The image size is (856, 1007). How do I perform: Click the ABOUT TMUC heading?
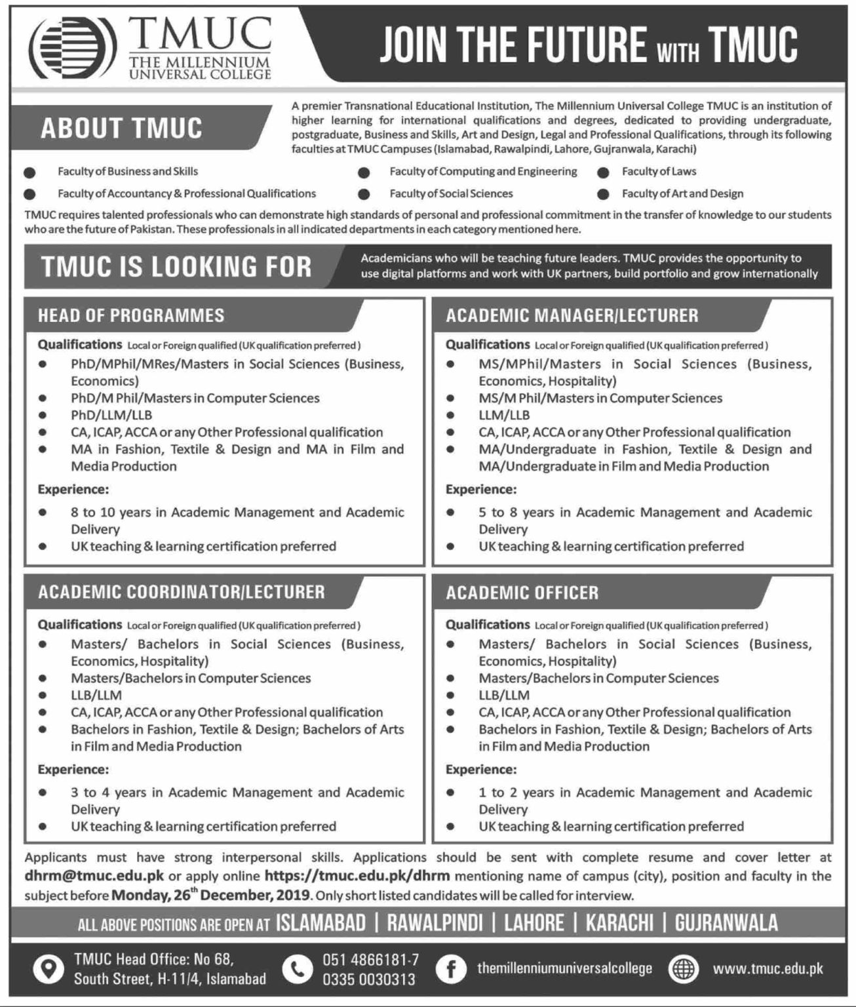121,128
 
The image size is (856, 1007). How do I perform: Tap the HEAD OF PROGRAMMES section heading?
131,316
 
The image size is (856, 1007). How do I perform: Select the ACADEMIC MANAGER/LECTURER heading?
572,316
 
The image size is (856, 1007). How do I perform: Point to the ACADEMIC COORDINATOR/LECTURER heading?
181,592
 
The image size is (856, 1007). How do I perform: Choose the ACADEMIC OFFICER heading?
522,593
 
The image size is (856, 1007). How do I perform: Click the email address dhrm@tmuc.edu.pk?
94,876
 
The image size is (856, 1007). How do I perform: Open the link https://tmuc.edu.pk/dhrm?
357,876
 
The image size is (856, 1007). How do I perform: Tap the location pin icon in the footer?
48,969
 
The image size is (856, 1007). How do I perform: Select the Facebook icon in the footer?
451,969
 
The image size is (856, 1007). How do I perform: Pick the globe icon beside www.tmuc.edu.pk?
684,969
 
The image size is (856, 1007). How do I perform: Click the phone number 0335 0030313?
368,979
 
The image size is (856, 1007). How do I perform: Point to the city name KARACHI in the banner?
619,924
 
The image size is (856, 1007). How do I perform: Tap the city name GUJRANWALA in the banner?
726,924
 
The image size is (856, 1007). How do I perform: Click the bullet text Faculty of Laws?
659,172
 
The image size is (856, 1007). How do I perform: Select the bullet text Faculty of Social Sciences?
451,194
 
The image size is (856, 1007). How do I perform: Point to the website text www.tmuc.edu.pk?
768,969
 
